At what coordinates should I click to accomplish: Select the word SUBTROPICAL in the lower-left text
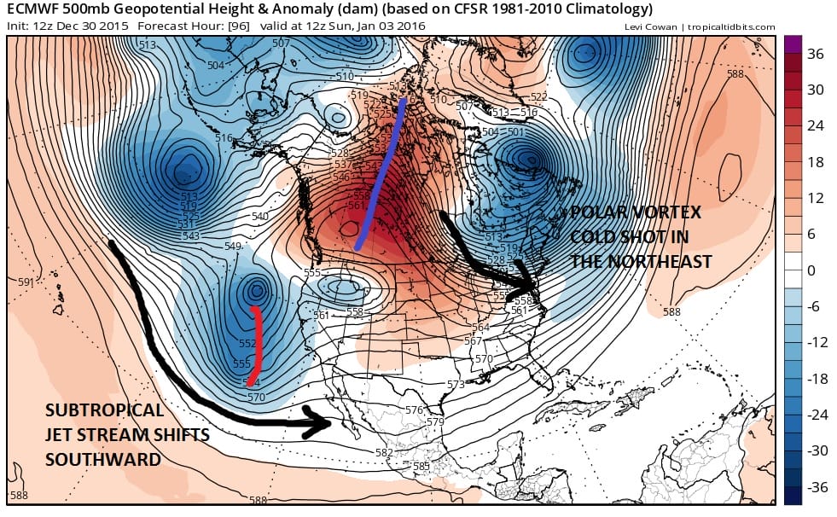(x=104, y=410)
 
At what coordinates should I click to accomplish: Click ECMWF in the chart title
(x=32, y=9)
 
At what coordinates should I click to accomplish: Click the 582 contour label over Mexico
(x=385, y=452)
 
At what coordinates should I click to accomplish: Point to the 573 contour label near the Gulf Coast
(x=456, y=385)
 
